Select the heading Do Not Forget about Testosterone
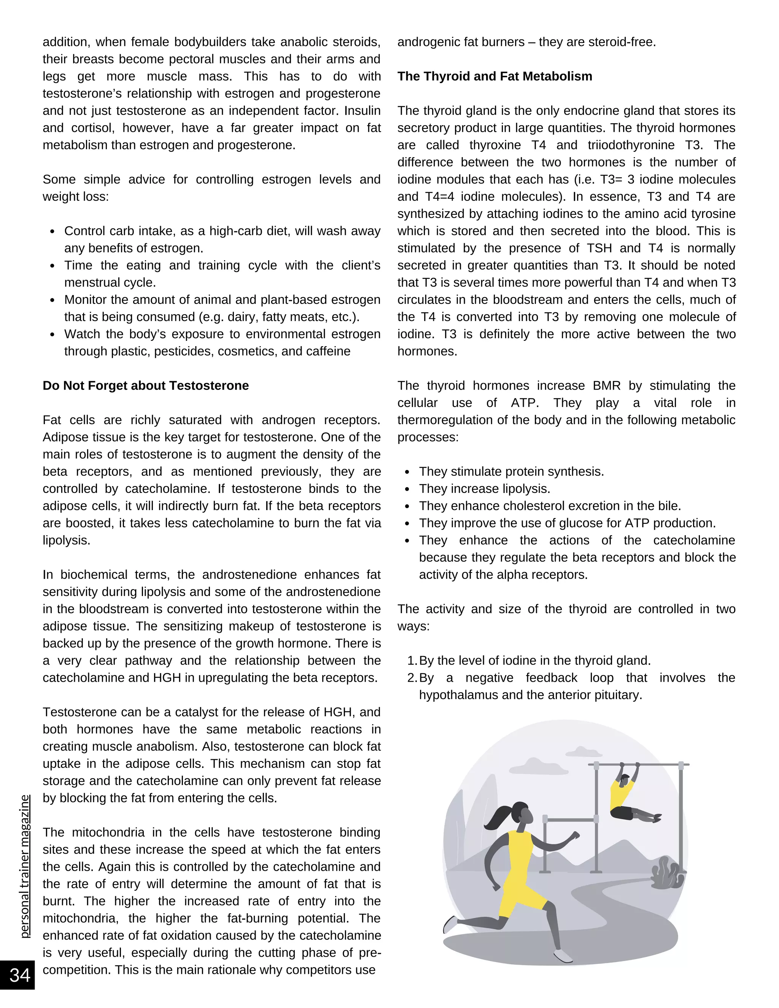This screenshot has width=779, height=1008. [x=145, y=385]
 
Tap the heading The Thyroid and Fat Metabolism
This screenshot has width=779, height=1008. [x=495, y=76]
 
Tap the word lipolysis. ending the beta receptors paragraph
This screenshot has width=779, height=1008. [x=67, y=541]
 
